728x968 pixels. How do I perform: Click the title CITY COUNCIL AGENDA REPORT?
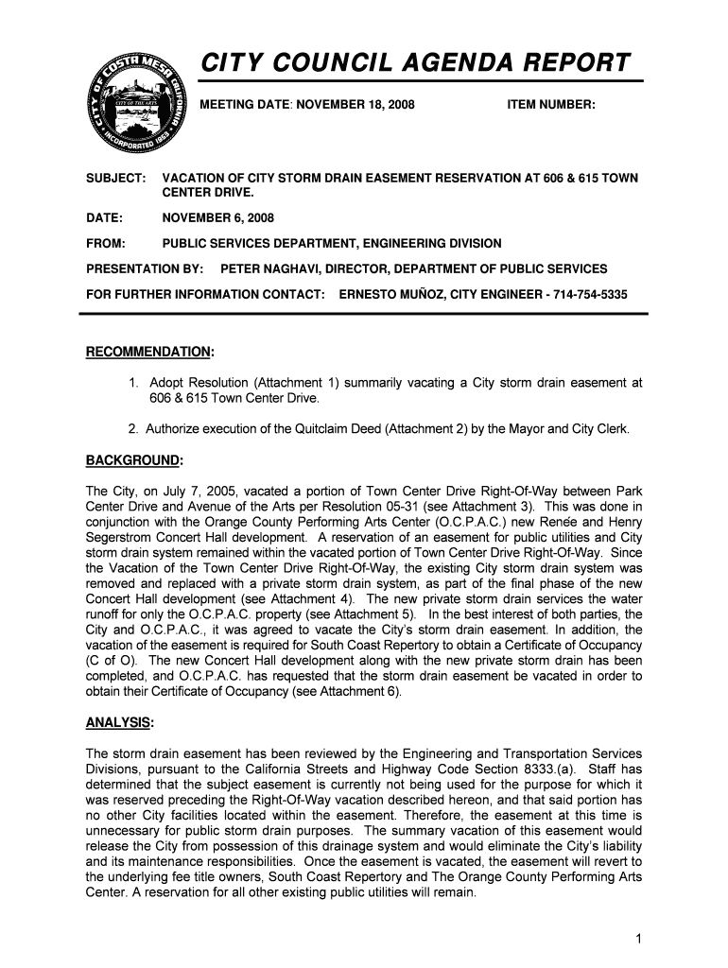tap(415, 63)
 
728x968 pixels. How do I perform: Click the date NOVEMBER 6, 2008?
tap(212, 218)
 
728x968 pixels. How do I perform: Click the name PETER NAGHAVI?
tap(269, 269)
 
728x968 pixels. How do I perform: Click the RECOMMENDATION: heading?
tap(150, 353)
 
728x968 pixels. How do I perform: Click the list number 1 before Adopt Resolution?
tap(134, 383)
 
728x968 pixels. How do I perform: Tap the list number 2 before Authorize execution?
tap(134, 429)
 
